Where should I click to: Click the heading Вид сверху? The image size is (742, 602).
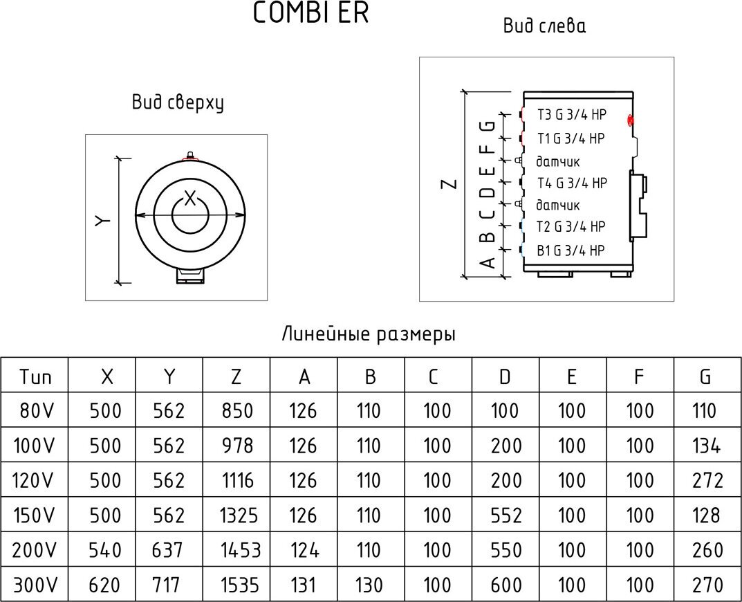tap(178, 102)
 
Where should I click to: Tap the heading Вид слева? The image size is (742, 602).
tap(544, 27)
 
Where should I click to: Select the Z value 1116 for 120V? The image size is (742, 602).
tap(237, 480)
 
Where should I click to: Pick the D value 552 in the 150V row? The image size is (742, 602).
tap(505, 516)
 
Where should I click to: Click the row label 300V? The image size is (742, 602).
tap(35, 585)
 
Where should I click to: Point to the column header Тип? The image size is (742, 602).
tap(35, 377)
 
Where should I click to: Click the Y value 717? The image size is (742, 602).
tap(169, 585)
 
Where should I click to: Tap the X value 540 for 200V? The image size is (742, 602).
tap(106, 550)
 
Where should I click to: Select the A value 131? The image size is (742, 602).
tap(303, 585)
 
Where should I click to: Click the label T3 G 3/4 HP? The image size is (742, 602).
tap(571, 116)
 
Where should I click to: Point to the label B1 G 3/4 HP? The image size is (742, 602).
tap(571, 250)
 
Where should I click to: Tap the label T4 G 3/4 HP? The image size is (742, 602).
tap(572, 183)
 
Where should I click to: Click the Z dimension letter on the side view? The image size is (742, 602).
tap(449, 183)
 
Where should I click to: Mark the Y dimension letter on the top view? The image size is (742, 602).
tap(102, 220)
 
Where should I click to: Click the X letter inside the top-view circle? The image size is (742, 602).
tap(191, 196)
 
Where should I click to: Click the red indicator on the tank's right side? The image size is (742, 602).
tap(630, 120)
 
